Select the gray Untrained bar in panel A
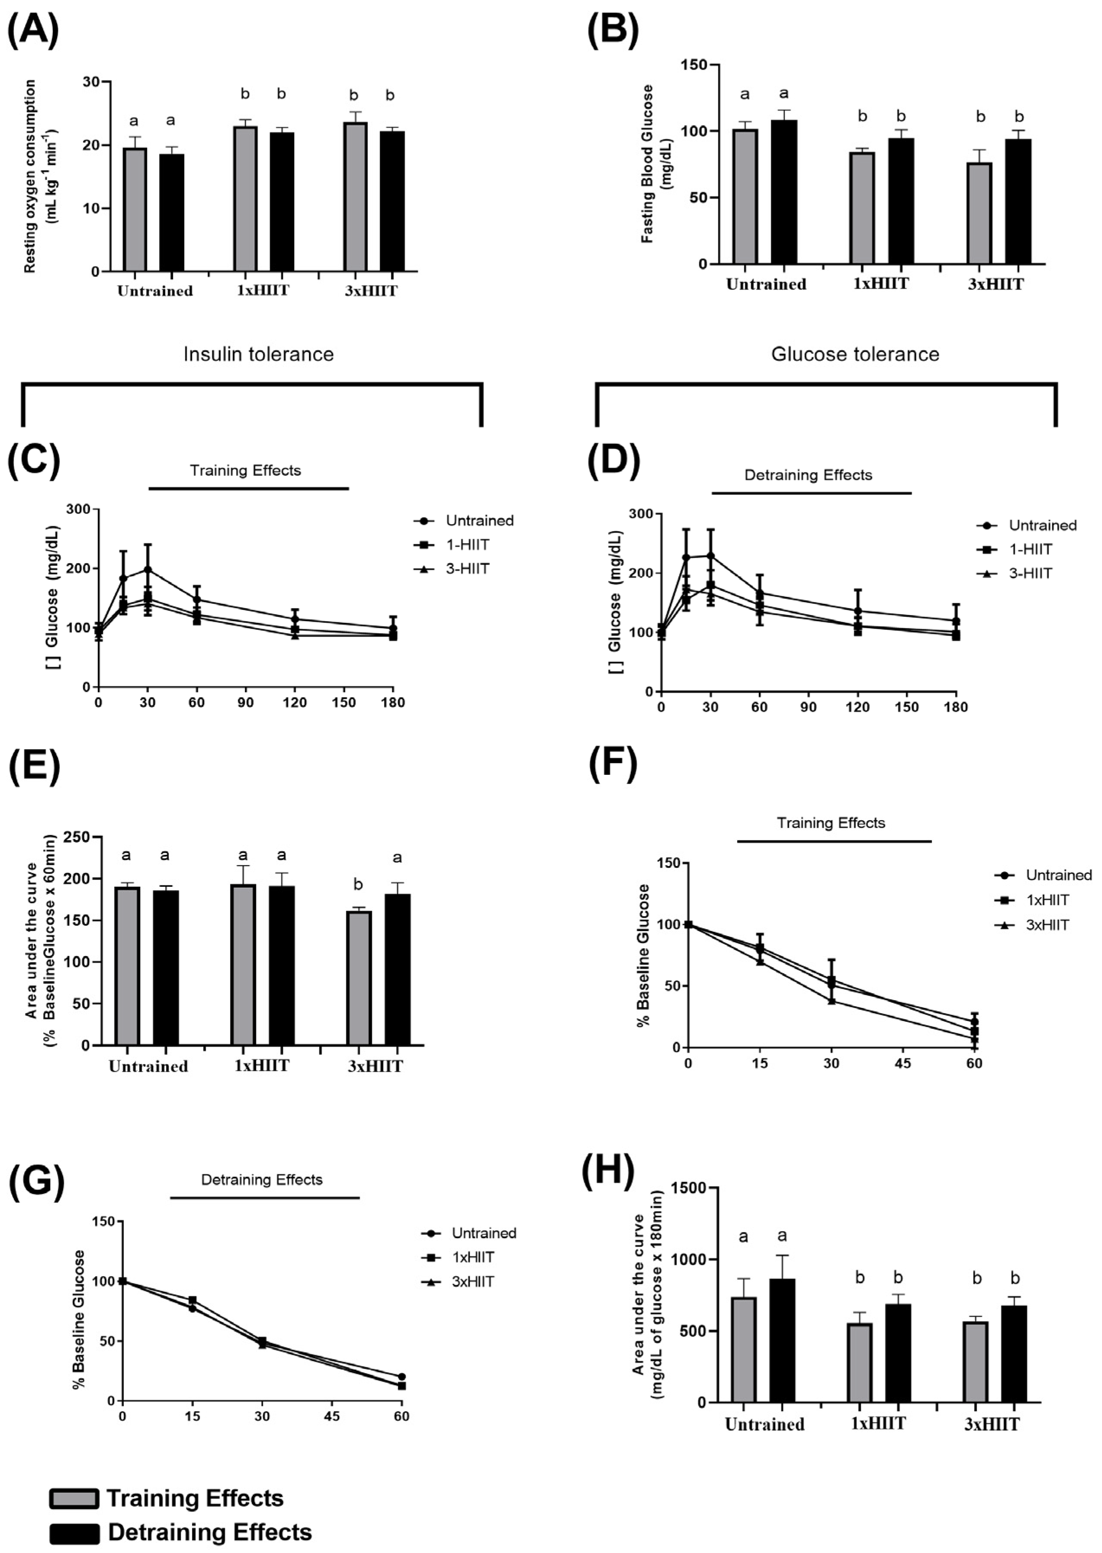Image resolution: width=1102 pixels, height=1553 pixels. (135, 210)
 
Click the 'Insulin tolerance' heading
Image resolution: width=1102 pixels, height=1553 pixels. (259, 354)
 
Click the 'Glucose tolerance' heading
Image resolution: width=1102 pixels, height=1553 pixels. (855, 354)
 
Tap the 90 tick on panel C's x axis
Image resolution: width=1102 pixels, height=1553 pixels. (246, 703)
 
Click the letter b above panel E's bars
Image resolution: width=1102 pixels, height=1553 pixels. (358, 884)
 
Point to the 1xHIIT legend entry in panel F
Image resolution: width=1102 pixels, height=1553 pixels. (1047, 900)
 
